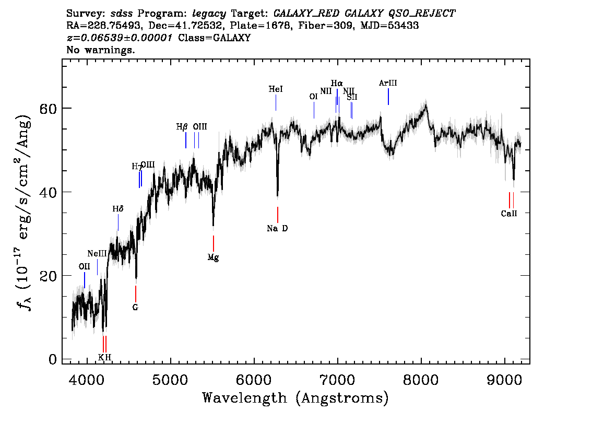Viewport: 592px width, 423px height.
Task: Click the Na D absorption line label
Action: (x=277, y=228)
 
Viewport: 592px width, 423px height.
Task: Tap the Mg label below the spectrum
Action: (x=213, y=257)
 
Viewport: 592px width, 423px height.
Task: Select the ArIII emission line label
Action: (x=388, y=83)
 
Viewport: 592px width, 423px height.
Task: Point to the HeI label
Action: (x=276, y=89)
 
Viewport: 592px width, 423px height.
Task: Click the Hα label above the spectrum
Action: (x=337, y=83)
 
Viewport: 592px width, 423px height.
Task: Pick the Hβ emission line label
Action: (x=182, y=126)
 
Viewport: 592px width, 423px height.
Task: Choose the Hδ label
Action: (x=118, y=209)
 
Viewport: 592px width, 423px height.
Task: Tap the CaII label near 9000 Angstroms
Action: (x=509, y=213)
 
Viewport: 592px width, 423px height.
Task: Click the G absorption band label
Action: (x=135, y=308)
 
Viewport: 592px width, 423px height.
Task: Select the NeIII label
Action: (x=97, y=253)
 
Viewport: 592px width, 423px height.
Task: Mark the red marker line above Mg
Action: (x=214, y=243)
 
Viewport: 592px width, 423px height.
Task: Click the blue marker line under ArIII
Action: (x=388, y=97)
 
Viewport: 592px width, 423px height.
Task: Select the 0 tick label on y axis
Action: (x=53, y=359)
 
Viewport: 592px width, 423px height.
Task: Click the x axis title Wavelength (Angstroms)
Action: (x=295, y=398)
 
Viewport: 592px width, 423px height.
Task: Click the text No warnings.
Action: (x=101, y=50)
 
